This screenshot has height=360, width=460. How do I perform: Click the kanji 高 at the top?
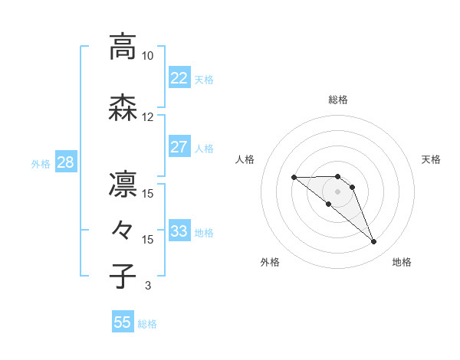(x=123, y=47)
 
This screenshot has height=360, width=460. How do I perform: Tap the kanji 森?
(x=123, y=108)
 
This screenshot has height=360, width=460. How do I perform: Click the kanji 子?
(x=123, y=276)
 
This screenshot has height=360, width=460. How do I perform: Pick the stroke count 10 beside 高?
(x=147, y=56)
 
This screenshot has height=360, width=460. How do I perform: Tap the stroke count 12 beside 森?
(x=147, y=117)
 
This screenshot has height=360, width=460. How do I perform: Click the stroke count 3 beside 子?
(x=147, y=286)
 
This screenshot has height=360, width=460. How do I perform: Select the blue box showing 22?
(x=179, y=77)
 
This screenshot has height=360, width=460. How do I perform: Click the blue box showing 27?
(x=179, y=146)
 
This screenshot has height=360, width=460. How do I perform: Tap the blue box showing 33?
(x=179, y=231)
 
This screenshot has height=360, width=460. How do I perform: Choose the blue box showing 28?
(x=65, y=162)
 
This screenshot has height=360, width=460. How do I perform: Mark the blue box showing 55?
(x=123, y=322)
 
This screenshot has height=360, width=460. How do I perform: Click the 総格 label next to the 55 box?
(x=147, y=324)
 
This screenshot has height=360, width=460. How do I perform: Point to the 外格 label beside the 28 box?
(x=41, y=163)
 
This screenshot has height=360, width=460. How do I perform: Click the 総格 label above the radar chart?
(x=337, y=100)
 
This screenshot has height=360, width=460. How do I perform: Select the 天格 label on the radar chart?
(x=431, y=159)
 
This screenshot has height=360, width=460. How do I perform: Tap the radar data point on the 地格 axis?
(x=374, y=242)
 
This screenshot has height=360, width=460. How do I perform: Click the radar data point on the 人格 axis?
(x=294, y=178)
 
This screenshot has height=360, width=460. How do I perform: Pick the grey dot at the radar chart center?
(x=337, y=191)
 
